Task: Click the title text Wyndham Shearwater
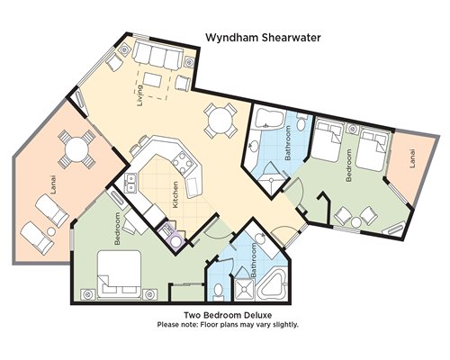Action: coord(263,38)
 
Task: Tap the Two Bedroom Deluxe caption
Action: coord(228,315)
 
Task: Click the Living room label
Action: coord(140,95)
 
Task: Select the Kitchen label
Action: coord(175,194)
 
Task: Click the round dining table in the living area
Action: coord(220,121)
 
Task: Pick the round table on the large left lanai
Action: coord(76,149)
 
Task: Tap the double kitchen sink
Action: coord(130,184)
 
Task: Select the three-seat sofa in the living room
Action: coord(157,55)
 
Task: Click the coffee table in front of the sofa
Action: coord(153,80)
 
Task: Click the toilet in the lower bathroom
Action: coord(219,292)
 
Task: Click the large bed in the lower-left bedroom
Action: coord(120,274)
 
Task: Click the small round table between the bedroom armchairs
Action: coord(356,222)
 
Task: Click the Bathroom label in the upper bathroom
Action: coord(288,143)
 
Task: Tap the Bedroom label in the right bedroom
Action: coord(349,166)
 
